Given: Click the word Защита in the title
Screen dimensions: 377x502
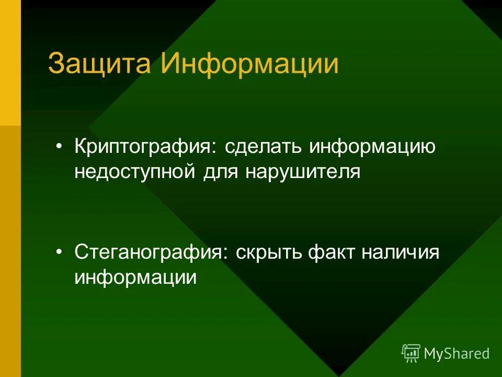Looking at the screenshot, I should coord(100,64).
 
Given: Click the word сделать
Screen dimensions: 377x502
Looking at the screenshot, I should coord(264,147).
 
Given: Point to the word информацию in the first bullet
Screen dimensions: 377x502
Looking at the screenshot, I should coord(372,147).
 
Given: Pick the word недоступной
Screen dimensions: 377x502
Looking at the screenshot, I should coord(135,172).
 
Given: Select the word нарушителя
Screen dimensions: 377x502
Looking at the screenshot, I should coord(302,172).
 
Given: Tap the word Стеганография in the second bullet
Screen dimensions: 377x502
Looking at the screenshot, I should coord(150,253).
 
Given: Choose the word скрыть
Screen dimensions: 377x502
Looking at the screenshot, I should coord(269,253).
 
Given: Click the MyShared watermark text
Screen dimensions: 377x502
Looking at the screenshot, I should coord(457,353).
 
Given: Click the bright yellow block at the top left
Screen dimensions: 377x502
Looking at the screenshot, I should coord(10,63).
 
